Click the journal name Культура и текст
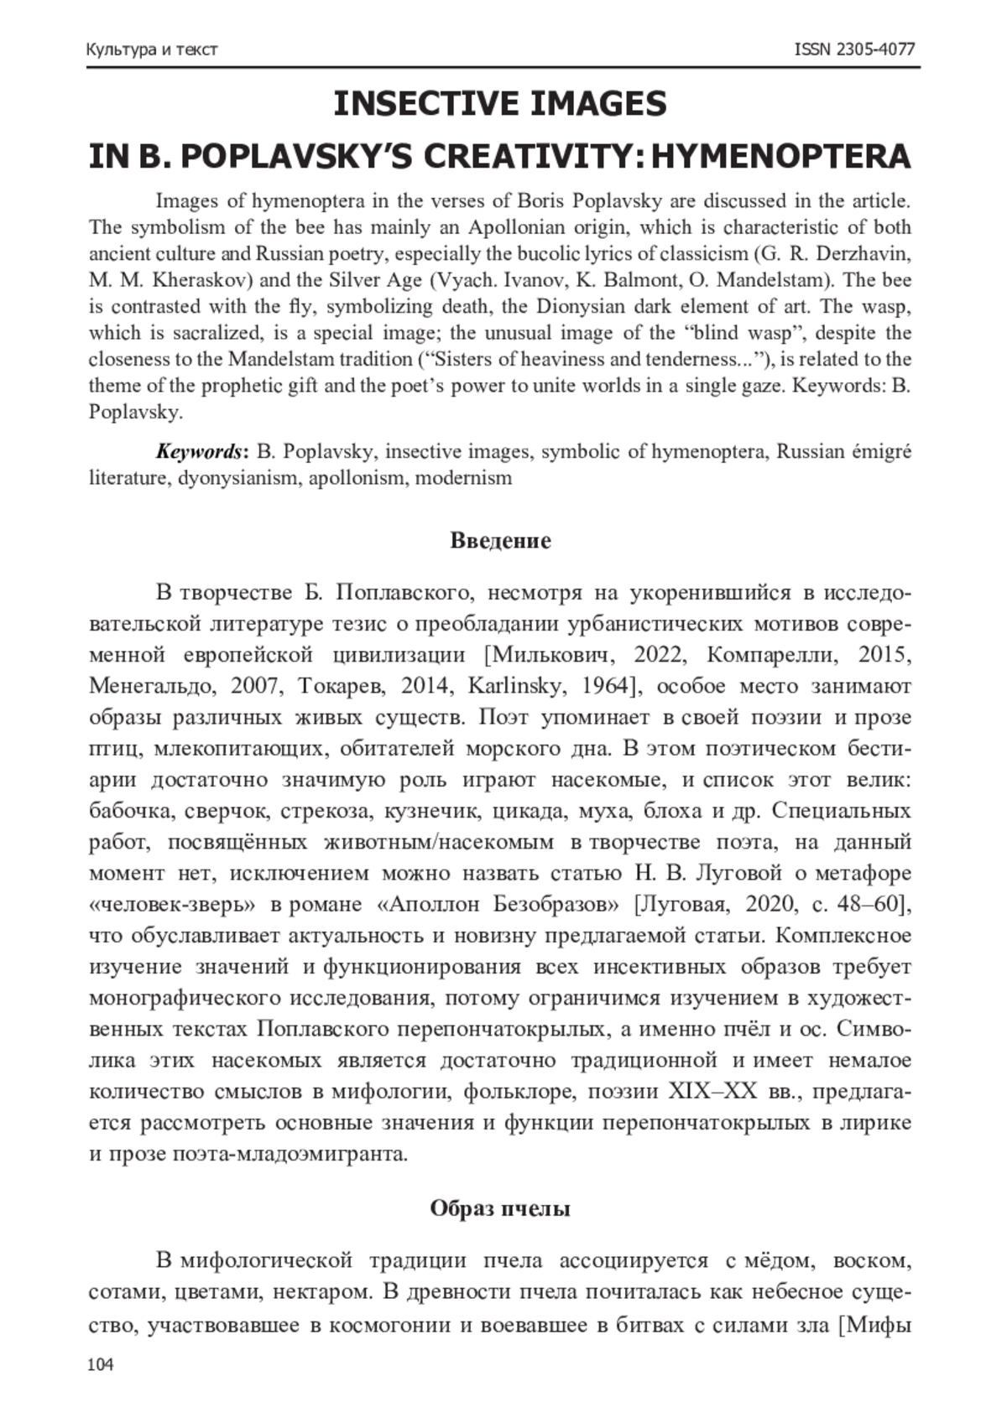[152, 49]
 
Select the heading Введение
[501, 540]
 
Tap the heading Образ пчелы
[501, 1208]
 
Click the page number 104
[100, 1366]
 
